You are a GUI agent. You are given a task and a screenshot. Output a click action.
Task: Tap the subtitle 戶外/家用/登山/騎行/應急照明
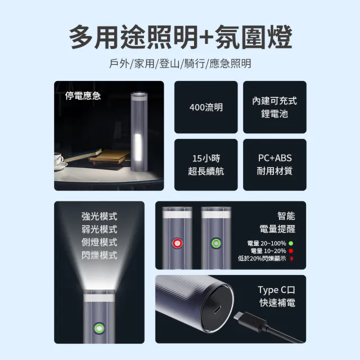tap(180, 63)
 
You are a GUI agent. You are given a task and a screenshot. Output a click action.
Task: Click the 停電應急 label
tap(83, 96)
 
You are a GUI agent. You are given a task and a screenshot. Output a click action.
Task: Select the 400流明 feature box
tap(206, 107)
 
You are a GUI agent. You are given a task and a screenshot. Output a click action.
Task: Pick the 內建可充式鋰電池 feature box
tap(274, 107)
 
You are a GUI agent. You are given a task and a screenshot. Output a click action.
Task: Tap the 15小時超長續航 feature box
tap(206, 164)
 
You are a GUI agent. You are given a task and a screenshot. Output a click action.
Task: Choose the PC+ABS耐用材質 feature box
tap(274, 164)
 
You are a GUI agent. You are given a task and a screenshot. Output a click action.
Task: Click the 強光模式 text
tap(99, 217)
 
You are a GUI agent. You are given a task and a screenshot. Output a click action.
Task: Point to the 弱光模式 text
tap(99, 229)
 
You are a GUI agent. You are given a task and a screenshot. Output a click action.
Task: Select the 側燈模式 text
tap(99, 242)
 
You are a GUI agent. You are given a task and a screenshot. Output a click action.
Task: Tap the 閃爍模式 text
tap(99, 255)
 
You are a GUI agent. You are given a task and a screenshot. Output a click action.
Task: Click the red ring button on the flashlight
tap(178, 244)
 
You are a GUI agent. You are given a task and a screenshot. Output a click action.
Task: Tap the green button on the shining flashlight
tap(99, 327)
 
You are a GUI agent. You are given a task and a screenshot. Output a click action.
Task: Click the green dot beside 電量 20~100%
tap(291, 243)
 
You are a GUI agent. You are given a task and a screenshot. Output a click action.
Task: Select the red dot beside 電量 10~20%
tap(291, 251)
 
